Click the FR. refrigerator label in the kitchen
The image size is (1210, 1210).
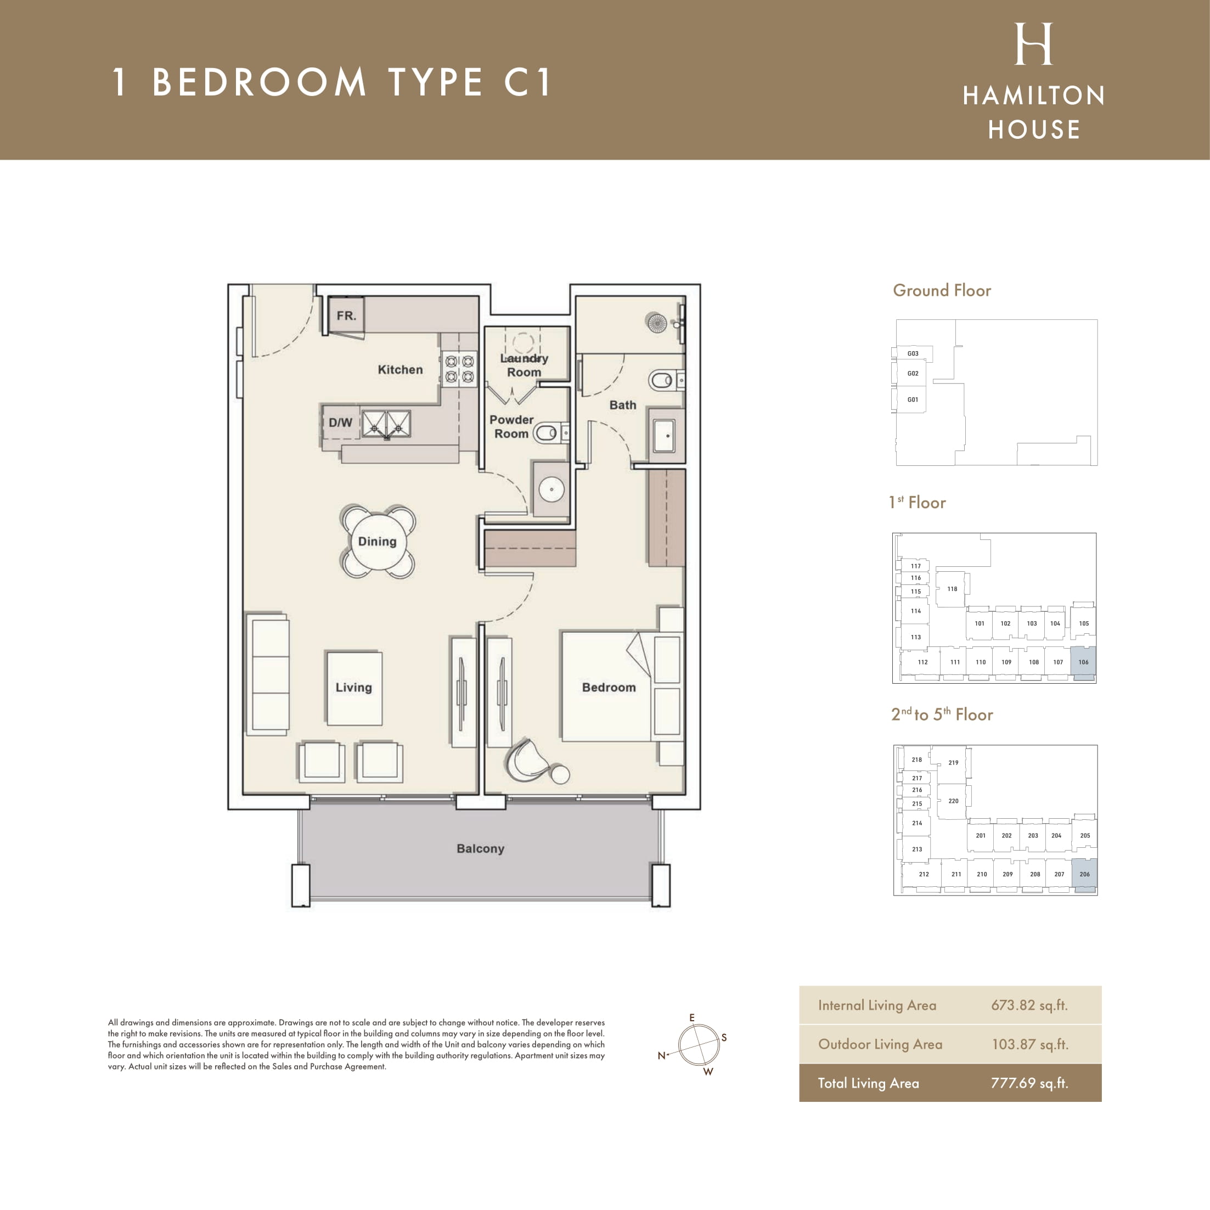click(346, 316)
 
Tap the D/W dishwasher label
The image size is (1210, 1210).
click(340, 423)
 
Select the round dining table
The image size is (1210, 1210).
click(377, 541)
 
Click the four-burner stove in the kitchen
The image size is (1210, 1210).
click(459, 369)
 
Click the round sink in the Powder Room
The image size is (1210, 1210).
click(551, 489)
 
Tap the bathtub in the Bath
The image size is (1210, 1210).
click(664, 435)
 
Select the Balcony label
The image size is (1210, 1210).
click(480, 848)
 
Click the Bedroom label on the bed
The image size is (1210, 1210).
click(609, 687)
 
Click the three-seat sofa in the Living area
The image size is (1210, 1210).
click(269, 674)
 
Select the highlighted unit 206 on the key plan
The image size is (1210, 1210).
click(1085, 875)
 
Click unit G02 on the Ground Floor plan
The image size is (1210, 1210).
click(913, 373)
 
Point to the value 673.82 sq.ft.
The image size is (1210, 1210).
click(1029, 1005)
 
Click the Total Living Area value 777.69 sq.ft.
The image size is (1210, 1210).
click(1029, 1083)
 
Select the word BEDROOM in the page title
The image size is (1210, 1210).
click(258, 82)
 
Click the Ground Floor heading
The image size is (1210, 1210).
click(942, 291)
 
